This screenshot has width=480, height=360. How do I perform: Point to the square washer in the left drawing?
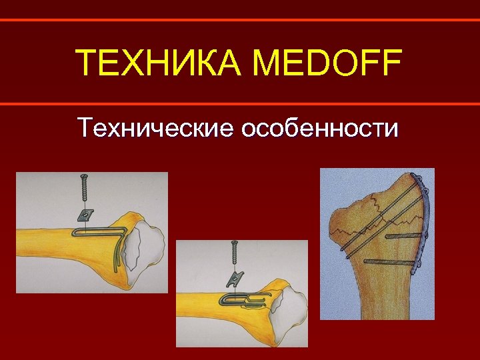click(84, 215)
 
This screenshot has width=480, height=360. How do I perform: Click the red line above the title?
click(240, 20)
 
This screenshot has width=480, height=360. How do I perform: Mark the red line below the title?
click(240, 103)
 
